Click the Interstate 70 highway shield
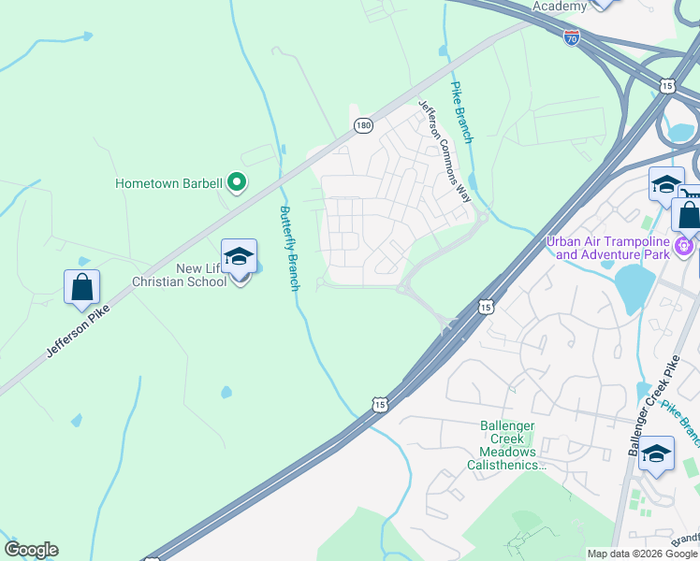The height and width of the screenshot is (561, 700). pyautogui.click(x=572, y=37)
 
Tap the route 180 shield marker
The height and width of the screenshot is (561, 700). pyautogui.click(x=363, y=124)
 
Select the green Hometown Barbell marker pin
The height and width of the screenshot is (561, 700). pyautogui.click(x=238, y=182)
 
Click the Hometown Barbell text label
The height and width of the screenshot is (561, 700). pyautogui.click(x=168, y=183)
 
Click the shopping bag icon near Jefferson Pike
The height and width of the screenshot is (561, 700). pyautogui.click(x=81, y=287)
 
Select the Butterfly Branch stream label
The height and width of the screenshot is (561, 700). pyautogui.click(x=289, y=248)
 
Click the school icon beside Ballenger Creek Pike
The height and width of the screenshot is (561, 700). pyautogui.click(x=657, y=454)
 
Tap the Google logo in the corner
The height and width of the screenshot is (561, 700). pyautogui.click(x=31, y=550)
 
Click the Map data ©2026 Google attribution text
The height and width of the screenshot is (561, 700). pyautogui.click(x=641, y=554)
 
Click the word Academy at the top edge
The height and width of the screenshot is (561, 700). pyautogui.click(x=560, y=6)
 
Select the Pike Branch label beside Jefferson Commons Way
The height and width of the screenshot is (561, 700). pyautogui.click(x=462, y=112)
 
